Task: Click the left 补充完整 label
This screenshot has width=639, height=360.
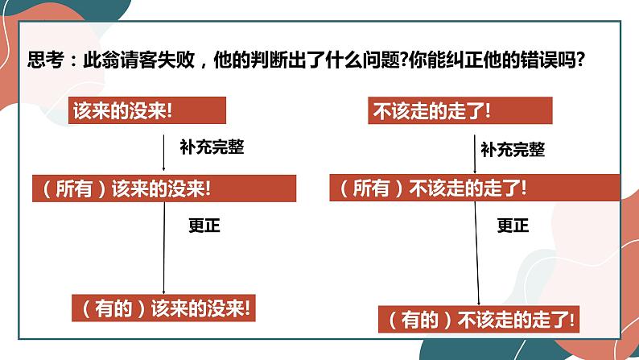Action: [212, 148]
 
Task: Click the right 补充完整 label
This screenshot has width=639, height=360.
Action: [512, 150]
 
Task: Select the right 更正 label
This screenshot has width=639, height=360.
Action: [513, 226]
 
